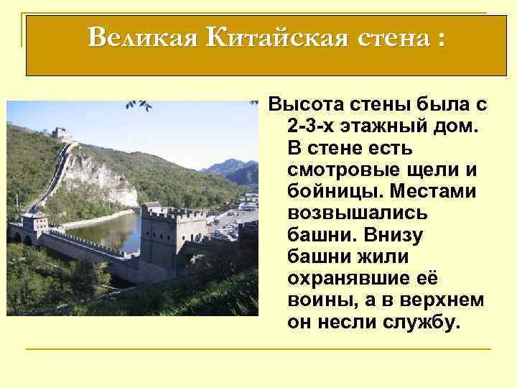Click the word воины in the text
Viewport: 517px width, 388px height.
tap(317, 300)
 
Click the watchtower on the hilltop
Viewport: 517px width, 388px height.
tap(62, 134)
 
